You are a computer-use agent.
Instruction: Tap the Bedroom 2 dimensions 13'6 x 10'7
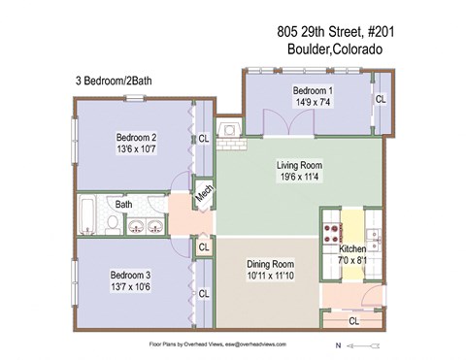tap(137, 149)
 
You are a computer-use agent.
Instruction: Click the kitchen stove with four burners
tap(330, 233)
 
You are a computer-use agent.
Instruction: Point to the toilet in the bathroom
tap(114, 226)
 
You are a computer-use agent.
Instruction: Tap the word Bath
tap(124, 205)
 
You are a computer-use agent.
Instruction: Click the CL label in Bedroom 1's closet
tap(381, 99)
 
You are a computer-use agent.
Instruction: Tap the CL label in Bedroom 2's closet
tap(204, 139)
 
